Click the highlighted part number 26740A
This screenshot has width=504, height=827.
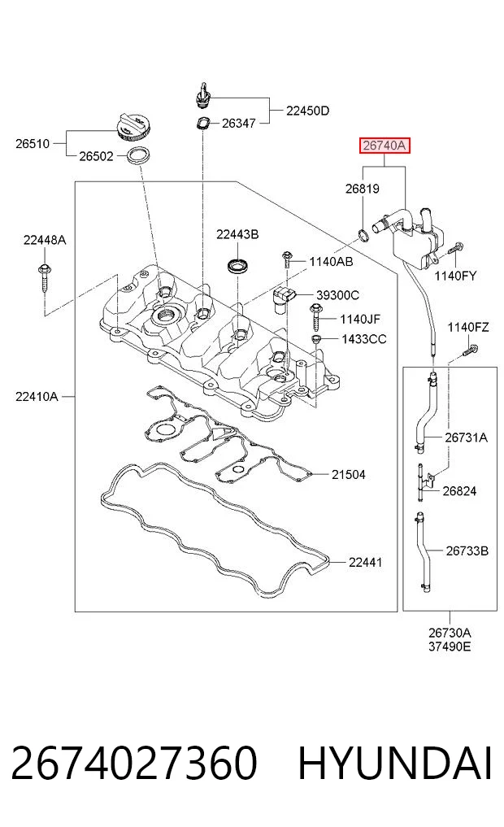pyautogui.click(x=385, y=145)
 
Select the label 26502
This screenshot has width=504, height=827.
pyautogui.click(x=96, y=156)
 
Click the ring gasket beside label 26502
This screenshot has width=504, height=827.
pyautogui.click(x=139, y=156)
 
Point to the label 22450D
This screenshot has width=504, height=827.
pyautogui.click(x=307, y=111)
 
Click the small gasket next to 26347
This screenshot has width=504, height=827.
pyautogui.click(x=202, y=124)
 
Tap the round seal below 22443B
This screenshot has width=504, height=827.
pyautogui.click(x=239, y=265)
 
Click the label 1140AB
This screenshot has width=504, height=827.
pyautogui.click(x=331, y=262)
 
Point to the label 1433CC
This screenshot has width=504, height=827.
pyautogui.click(x=363, y=338)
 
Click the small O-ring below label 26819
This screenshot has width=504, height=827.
pyautogui.click(x=363, y=235)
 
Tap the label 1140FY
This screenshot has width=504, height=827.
pyautogui.click(x=455, y=276)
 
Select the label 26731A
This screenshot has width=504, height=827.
pyautogui.click(x=466, y=437)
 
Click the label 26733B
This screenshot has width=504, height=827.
pyautogui.click(x=467, y=551)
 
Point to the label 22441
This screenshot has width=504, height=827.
pyautogui.click(x=365, y=562)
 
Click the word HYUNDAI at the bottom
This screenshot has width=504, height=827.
pyautogui.click(x=395, y=764)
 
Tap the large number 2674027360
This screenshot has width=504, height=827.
pyautogui.click(x=134, y=764)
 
